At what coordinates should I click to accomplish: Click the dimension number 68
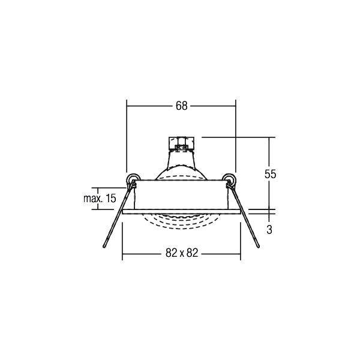[181, 106]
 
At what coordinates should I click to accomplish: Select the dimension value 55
[270, 174]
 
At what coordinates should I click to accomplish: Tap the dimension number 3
[270, 229]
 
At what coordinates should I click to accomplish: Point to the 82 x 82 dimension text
[181, 254]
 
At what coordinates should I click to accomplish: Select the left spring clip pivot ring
[132, 178]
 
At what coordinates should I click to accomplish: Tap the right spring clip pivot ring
[228, 178]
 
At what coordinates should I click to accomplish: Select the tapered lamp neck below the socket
[179, 159]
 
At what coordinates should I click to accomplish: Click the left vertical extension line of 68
[126, 138]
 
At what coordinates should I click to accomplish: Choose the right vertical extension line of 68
[235, 138]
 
